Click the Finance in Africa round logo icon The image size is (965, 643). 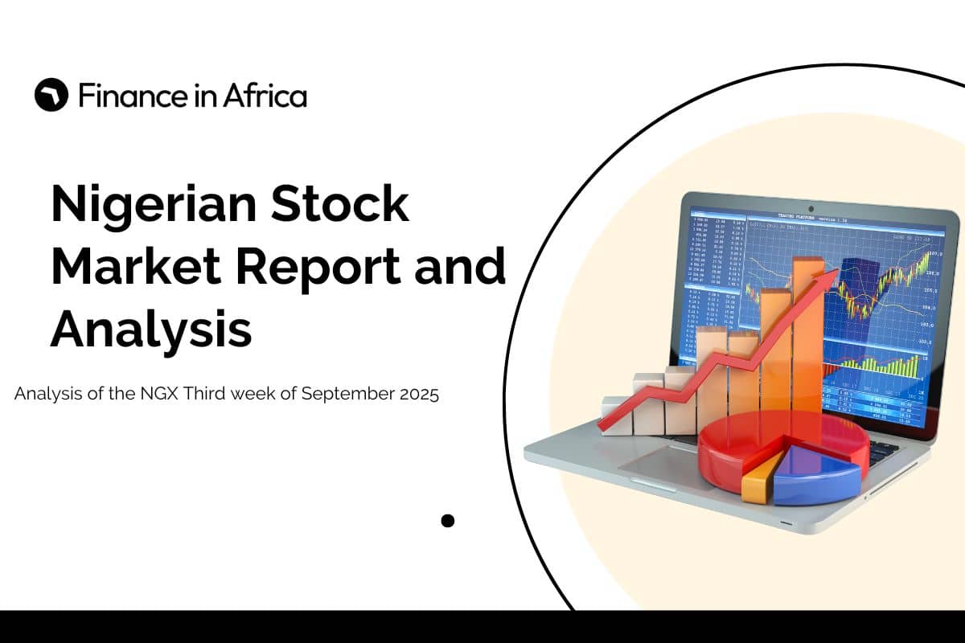tap(51, 96)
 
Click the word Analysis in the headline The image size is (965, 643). tap(151, 329)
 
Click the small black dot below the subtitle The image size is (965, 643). tap(448, 521)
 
